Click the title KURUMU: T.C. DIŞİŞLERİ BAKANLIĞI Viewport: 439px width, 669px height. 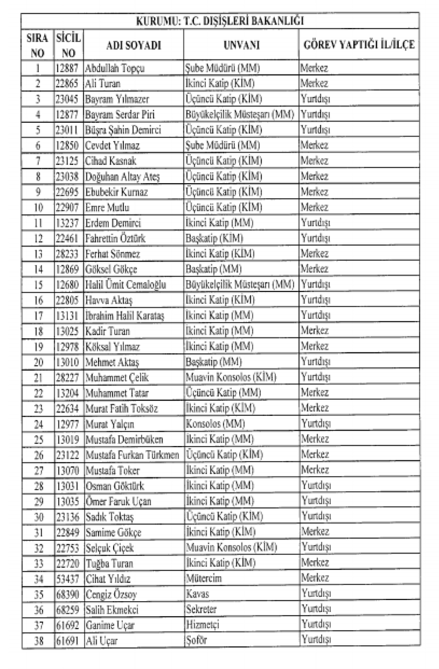[220, 21]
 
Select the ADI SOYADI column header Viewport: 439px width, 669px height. [133, 46]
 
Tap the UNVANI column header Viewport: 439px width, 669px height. [241, 46]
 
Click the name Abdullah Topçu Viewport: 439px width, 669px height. [115, 68]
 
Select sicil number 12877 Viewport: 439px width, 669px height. [67, 114]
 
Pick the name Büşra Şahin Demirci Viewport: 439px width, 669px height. [123, 130]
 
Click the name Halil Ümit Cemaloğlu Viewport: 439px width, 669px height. [126, 284]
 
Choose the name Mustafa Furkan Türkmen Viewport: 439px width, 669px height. [133, 454]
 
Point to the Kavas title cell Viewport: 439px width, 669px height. [198, 594]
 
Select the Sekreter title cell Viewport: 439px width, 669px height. [201, 609]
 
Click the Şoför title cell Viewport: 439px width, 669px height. [197, 640]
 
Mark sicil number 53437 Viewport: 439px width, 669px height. [67, 578]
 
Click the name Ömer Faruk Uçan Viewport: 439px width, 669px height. [119, 501]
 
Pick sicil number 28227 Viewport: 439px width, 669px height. [67, 377]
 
